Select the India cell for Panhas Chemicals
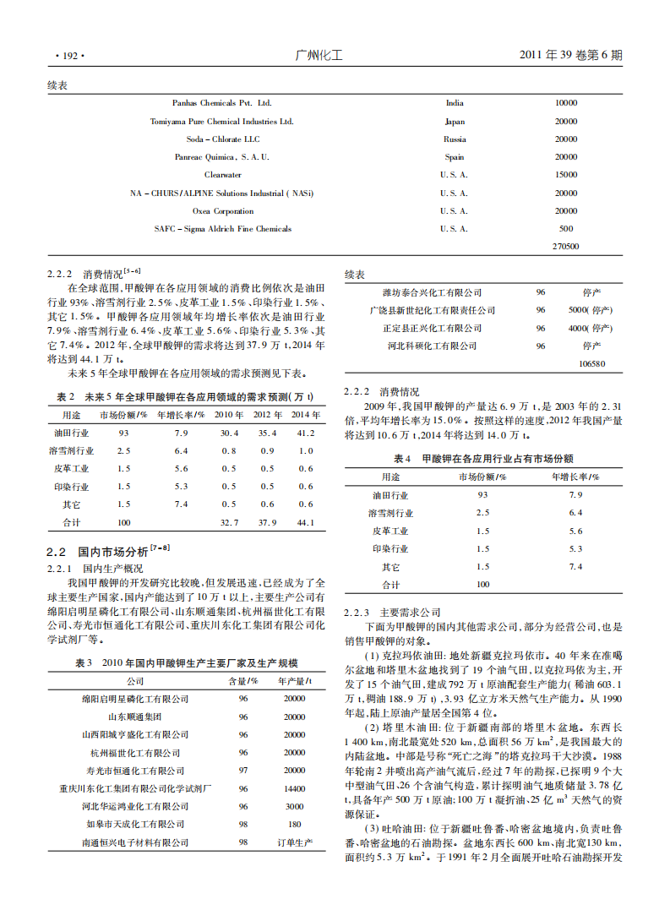pos(455,103)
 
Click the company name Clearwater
pos(222,175)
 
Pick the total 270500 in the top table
pos(565,247)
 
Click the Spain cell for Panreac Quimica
pos(455,157)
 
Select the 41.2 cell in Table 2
pos(305,433)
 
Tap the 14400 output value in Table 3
pos(294,788)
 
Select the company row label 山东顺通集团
pos(135,717)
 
